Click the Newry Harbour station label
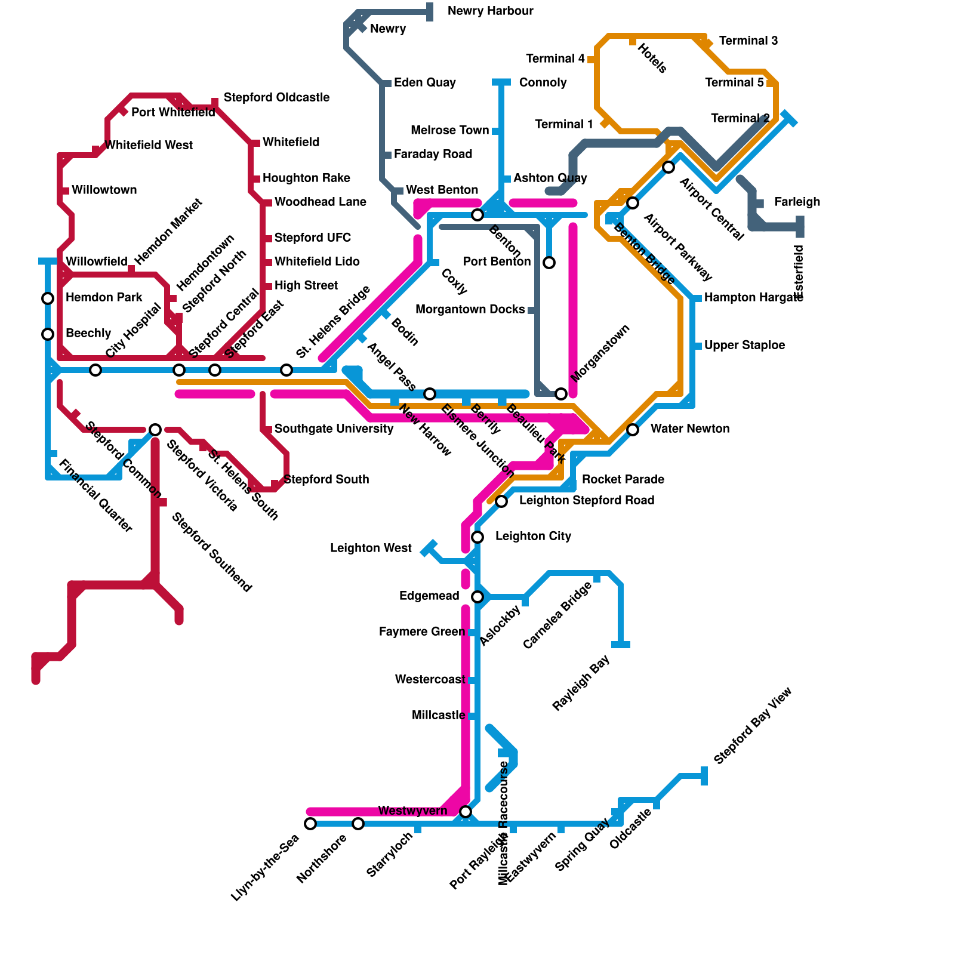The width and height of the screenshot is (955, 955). tap(490, 11)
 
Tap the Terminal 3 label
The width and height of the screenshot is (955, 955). tap(748, 41)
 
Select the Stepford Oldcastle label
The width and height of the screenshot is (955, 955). tap(276, 97)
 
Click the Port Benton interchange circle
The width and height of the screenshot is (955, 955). tap(549, 263)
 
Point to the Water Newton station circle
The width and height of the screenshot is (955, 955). tap(633, 430)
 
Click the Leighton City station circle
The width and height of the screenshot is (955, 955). tap(478, 537)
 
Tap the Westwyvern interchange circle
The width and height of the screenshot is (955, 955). tap(466, 812)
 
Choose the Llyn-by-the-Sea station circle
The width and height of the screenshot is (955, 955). tap(310, 824)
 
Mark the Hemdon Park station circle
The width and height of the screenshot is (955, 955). tap(48, 298)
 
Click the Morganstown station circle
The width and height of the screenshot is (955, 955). tap(561, 394)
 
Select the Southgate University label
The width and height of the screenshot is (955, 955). tap(334, 429)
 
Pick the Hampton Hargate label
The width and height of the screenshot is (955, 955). tap(753, 298)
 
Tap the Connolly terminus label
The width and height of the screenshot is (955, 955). tap(543, 83)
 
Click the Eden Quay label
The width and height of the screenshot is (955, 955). tap(424, 83)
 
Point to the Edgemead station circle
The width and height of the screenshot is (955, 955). tap(478, 597)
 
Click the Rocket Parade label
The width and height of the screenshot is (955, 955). tap(623, 480)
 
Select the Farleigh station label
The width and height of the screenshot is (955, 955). tap(797, 202)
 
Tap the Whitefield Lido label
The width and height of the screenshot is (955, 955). tap(317, 262)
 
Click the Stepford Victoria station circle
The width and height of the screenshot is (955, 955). tap(155, 430)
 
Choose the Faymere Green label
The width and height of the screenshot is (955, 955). tap(421, 632)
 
